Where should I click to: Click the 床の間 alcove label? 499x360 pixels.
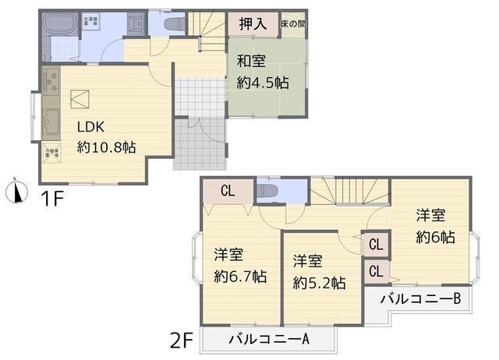(x=293, y=24)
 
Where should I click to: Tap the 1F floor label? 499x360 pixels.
(x=51, y=198)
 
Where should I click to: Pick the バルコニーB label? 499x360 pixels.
(x=422, y=298)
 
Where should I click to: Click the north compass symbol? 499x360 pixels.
(x=16, y=191)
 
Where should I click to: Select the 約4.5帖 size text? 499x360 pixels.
(x=264, y=81)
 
